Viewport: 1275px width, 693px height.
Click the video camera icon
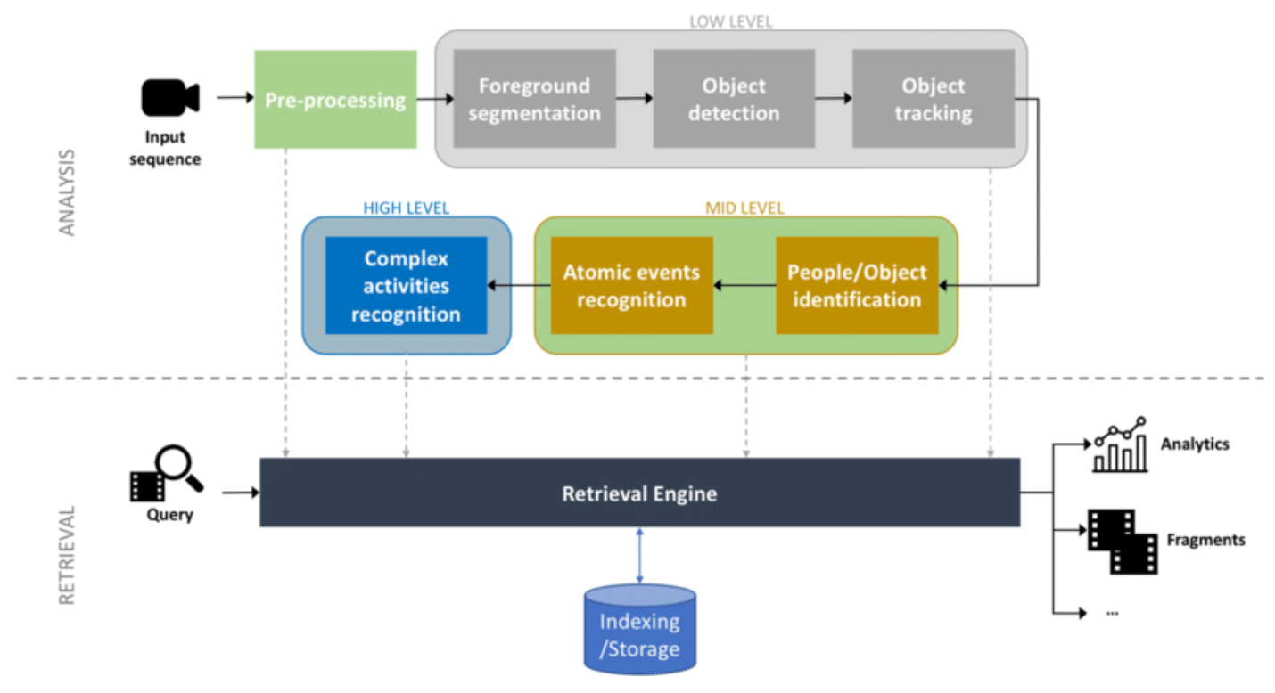coord(169,98)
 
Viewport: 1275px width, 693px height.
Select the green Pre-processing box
coord(335,99)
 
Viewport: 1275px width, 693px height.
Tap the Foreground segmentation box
coord(534,99)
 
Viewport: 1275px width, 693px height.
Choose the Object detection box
coord(734,99)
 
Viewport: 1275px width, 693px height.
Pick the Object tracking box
coord(934,99)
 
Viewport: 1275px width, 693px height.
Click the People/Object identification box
coord(857,285)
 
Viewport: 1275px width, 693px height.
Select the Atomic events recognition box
coord(631,285)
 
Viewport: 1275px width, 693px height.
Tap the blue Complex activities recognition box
coord(406,285)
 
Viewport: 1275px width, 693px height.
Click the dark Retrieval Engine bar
coord(639,493)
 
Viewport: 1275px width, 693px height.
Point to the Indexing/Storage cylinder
coord(639,628)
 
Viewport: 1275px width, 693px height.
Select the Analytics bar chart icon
coord(1119,444)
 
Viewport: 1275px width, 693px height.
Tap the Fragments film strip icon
coord(1122,541)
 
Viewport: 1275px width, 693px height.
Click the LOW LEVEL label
coord(731,20)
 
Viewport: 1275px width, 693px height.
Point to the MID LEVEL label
coord(745,208)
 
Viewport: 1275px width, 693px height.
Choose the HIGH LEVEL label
coord(406,208)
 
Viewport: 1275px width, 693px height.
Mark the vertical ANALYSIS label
coord(68,192)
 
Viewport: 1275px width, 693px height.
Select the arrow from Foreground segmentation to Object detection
coord(634,99)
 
